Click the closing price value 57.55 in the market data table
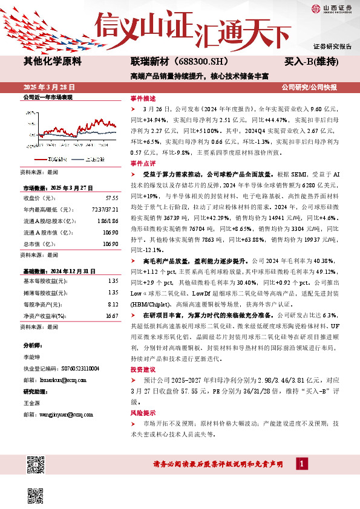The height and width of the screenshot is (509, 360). pos(112,198)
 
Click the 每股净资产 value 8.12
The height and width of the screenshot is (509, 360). pos(113,305)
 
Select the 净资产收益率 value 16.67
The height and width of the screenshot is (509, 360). pos(111,316)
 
